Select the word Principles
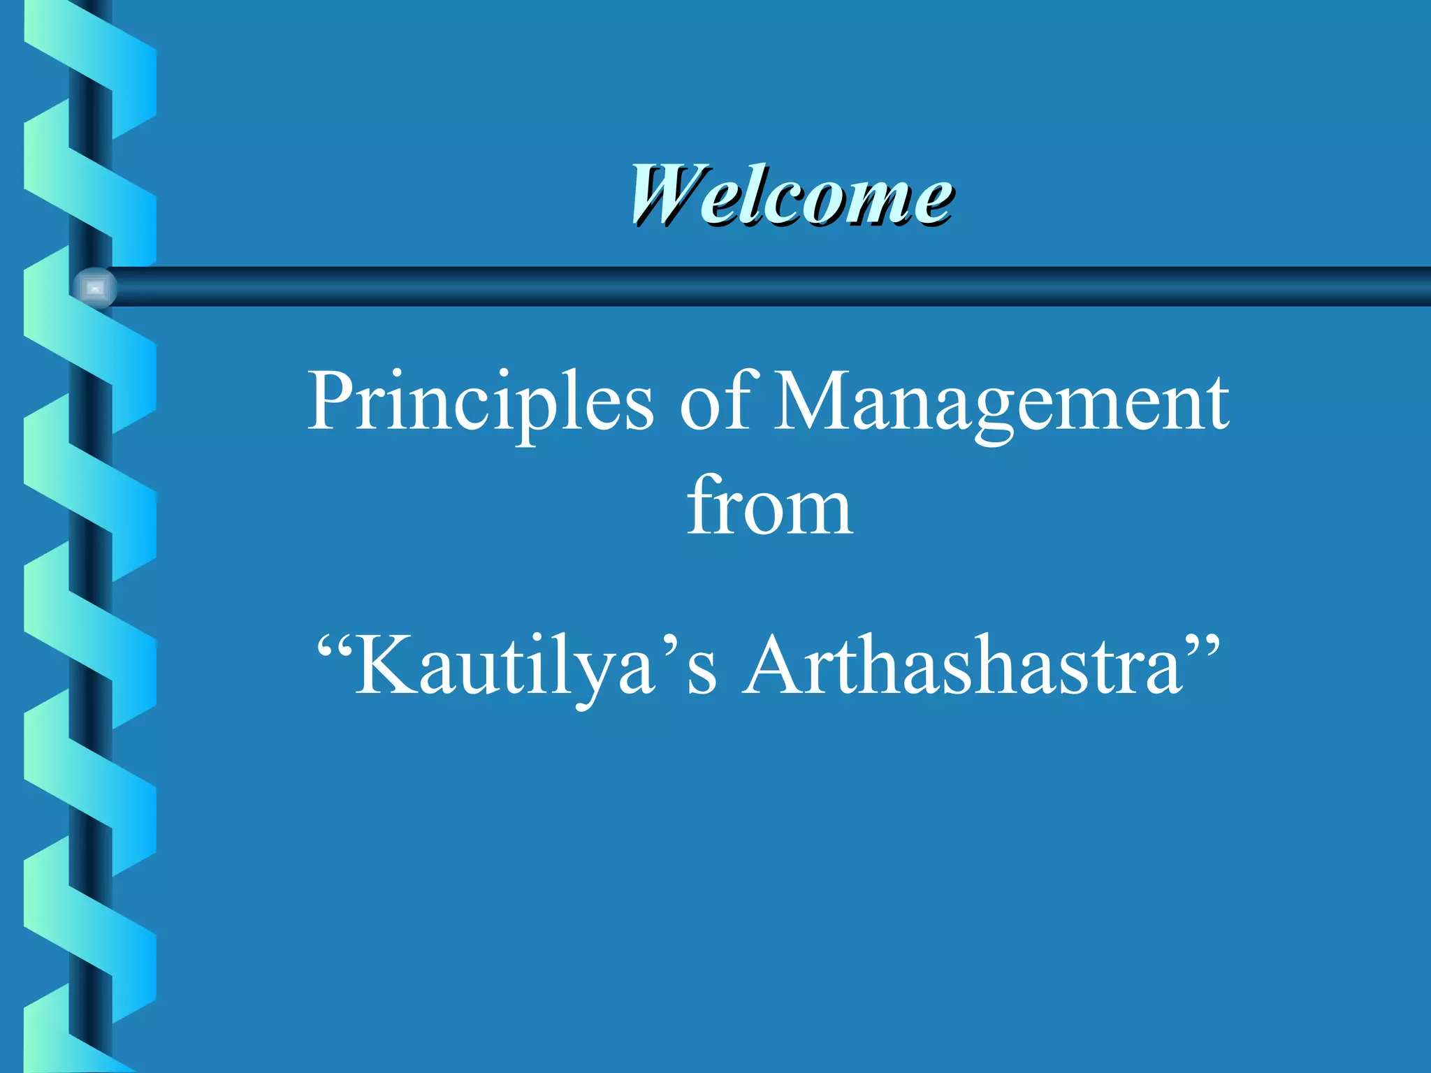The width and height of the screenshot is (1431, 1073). [481, 402]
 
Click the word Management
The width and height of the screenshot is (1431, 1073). [1001, 403]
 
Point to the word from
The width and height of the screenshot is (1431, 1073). [769, 506]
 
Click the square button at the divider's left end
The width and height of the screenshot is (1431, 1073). [94, 287]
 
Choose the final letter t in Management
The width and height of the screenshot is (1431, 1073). [1216, 404]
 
